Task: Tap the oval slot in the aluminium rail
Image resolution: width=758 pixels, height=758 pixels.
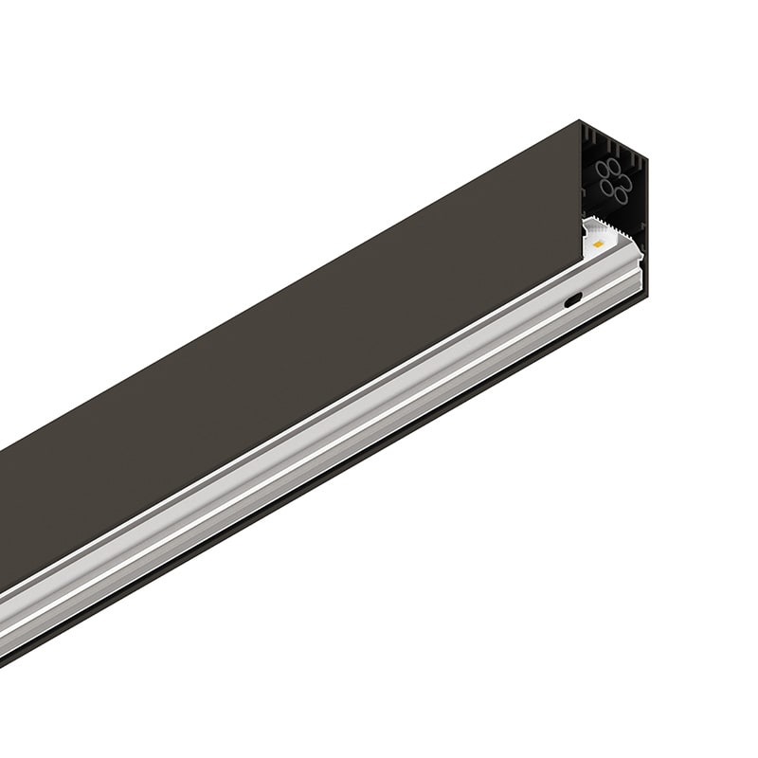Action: [573, 300]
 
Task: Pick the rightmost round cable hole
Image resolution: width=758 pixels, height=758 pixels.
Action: [625, 182]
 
